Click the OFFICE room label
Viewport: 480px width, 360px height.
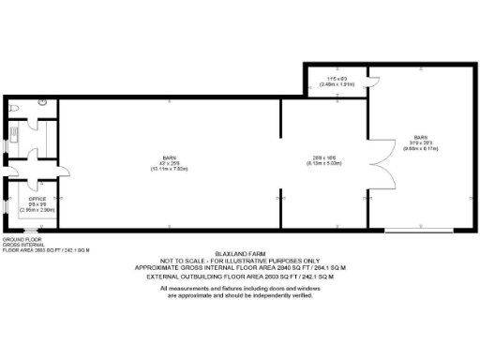37,199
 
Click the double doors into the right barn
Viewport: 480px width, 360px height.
379,164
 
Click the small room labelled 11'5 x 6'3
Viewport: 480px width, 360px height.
334,80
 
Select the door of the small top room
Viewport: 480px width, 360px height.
372,79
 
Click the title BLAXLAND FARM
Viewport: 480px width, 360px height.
241,255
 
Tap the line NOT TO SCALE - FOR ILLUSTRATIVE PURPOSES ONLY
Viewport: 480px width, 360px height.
241,262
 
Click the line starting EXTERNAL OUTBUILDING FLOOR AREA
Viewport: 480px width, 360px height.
241,277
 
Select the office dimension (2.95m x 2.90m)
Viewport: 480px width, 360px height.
37,210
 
